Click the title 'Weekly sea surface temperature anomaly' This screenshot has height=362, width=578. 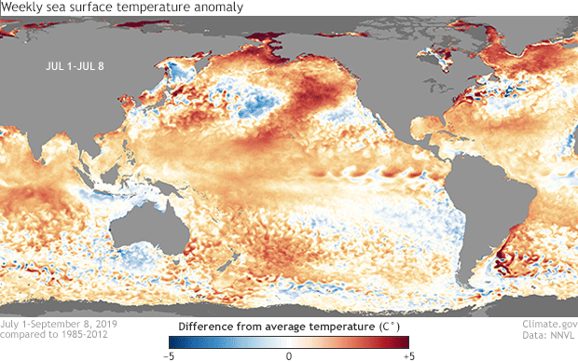(x=123, y=7)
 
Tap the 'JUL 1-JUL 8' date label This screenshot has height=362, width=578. (x=82, y=66)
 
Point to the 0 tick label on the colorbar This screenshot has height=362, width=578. (x=289, y=355)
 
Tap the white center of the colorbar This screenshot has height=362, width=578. (x=289, y=342)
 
